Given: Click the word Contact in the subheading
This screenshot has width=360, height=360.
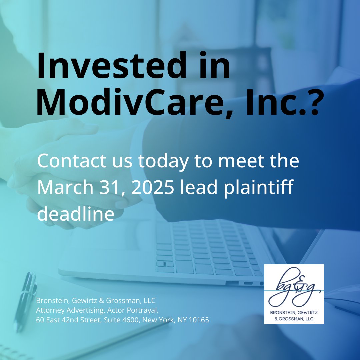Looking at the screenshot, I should point(68,161).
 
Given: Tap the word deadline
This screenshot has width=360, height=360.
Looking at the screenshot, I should point(75,214).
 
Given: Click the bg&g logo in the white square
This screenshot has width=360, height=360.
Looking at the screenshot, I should point(294,288).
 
